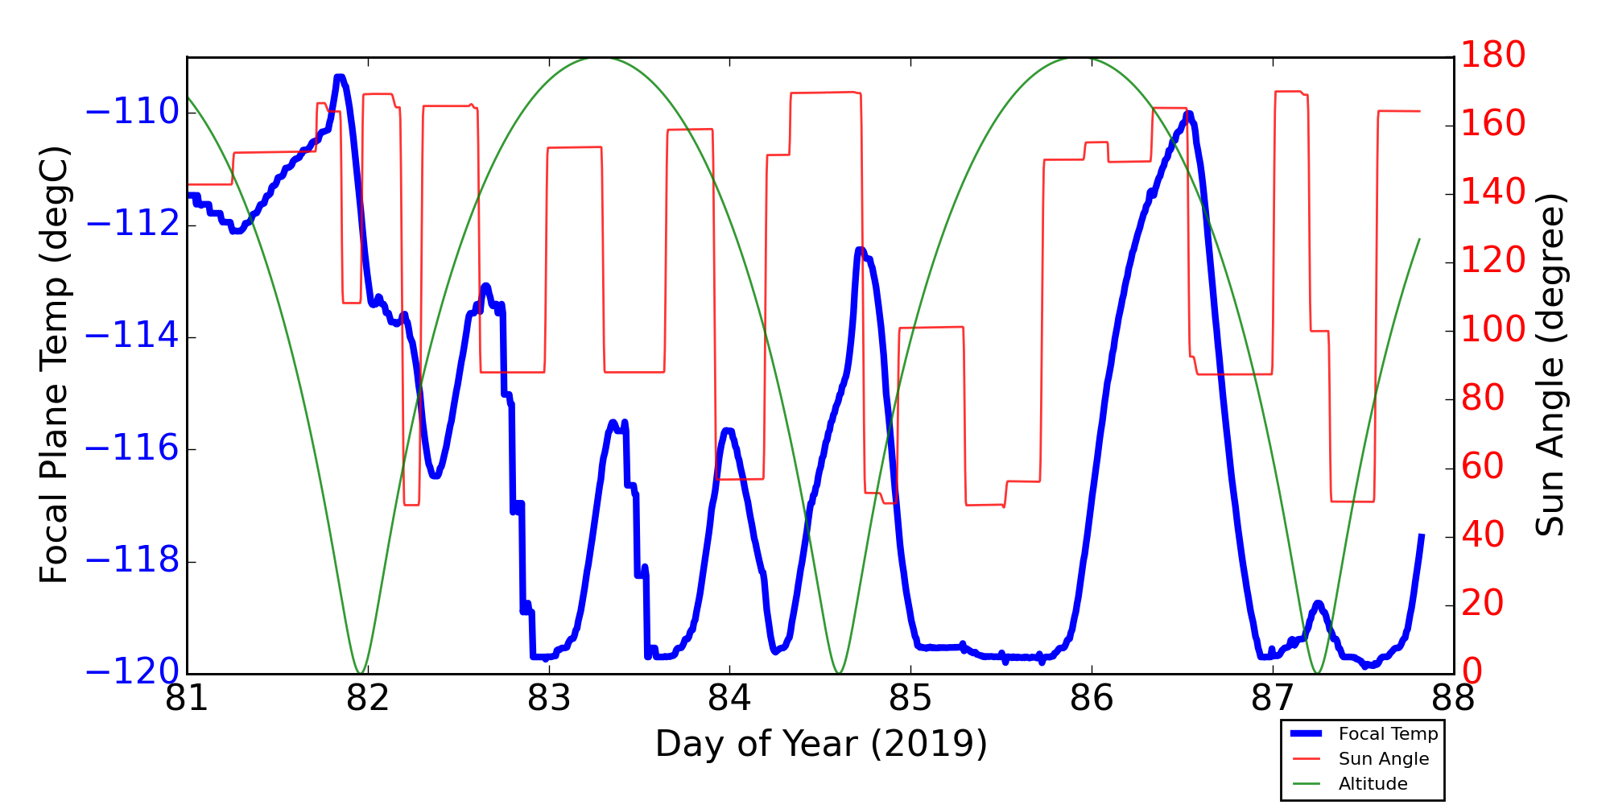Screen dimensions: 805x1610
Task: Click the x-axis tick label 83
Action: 549,699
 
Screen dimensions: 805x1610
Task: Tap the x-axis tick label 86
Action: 1092,699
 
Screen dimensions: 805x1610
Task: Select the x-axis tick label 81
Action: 187,699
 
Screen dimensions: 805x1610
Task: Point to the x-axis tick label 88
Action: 1453,699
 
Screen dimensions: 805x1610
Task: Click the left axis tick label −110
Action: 132,112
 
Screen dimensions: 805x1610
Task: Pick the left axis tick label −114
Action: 132,336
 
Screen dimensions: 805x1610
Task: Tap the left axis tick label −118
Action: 132,561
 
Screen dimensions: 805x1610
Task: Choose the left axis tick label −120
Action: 132,672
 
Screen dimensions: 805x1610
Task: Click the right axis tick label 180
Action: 1493,56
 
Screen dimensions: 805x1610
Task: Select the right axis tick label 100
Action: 1493,330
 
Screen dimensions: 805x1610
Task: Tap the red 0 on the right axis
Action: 1472,671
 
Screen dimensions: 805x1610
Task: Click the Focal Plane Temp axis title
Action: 55,365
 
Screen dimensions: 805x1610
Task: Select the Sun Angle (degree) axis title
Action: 1550,365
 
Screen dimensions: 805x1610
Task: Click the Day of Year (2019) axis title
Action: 821,744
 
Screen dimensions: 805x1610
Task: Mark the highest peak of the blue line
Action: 340,77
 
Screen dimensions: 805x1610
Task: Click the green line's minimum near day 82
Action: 361,672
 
